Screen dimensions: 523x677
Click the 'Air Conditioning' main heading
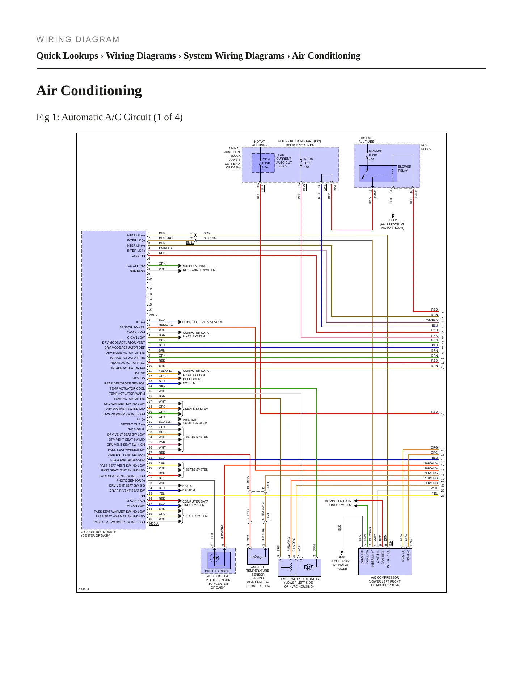(x=89, y=91)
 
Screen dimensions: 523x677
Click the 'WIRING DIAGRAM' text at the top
(x=78, y=39)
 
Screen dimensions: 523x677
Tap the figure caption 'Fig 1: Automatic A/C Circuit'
(x=109, y=117)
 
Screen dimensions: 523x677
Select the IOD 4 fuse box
(x=263, y=163)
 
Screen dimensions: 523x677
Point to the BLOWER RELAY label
(x=404, y=169)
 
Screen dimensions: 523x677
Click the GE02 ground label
(x=393, y=220)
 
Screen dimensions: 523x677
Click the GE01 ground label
(x=341, y=557)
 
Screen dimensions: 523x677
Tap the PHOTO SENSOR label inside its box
(x=217, y=571)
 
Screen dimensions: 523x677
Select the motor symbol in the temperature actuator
(x=308, y=567)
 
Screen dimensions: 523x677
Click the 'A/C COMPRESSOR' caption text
(x=385, y=577)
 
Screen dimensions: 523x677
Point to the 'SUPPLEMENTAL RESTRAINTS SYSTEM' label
(x=199, y=268)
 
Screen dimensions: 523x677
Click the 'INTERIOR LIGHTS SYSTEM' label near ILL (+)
(x=202, y=322)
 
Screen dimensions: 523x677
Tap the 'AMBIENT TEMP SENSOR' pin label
(x=126, y=455)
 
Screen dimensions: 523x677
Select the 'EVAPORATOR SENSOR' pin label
(x=127, y=460)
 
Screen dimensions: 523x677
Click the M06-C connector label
(x=153, y=315)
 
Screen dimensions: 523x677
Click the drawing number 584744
(x=84, y=589)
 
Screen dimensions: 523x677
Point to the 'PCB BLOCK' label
(x=426, y=147)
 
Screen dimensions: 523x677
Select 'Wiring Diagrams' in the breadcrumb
(x=141, y=56)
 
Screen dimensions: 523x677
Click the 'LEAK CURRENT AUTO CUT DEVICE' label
(x=284, y=161)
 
